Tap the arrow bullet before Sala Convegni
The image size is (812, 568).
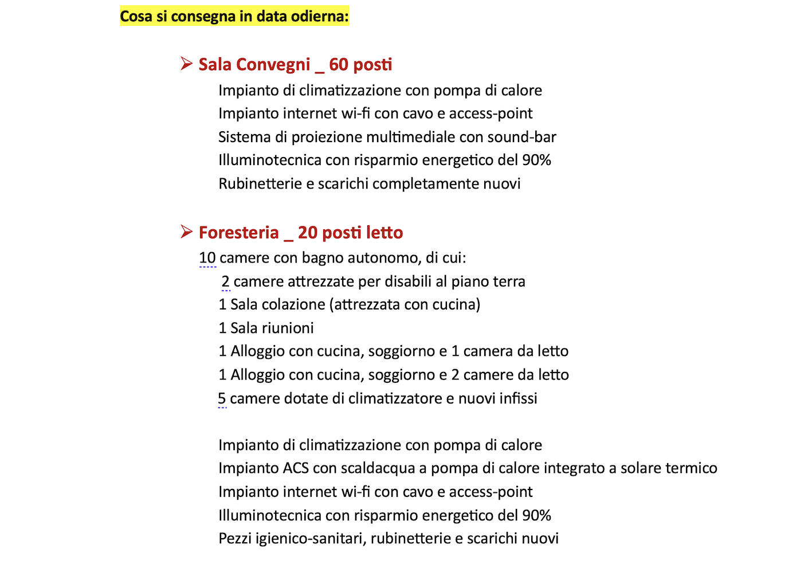186,64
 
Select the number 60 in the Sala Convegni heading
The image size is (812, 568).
339,64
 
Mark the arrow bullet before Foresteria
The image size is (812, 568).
186,232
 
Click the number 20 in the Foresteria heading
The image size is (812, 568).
308,232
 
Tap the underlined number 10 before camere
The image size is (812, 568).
207,258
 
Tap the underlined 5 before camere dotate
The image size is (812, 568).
222,398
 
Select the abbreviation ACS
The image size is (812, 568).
296,468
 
